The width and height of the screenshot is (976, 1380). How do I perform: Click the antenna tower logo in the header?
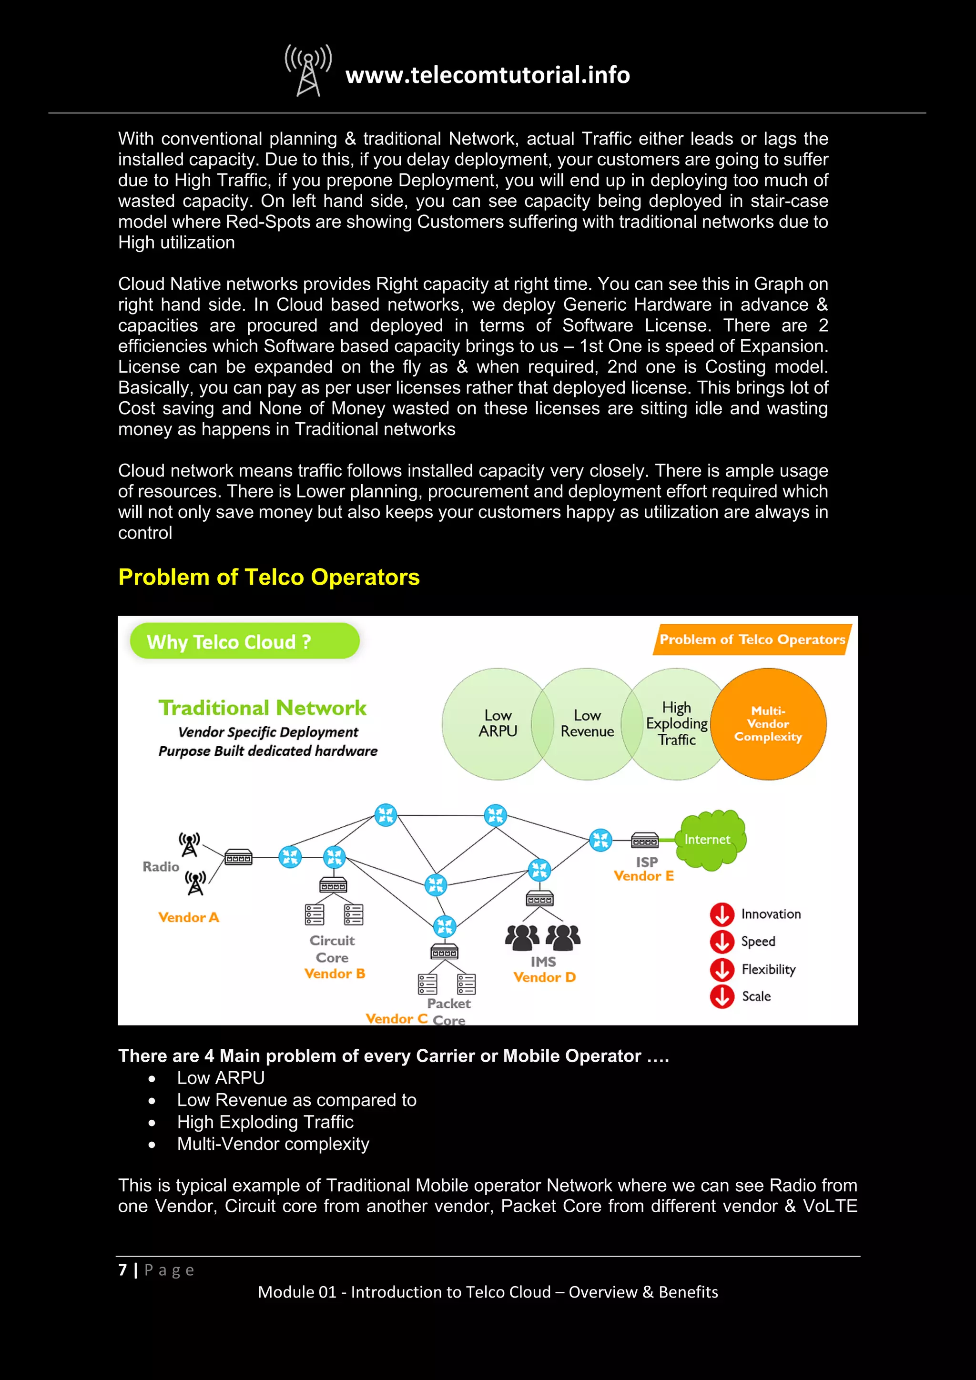pos(308,71)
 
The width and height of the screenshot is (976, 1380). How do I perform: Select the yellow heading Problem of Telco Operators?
pos(269,577)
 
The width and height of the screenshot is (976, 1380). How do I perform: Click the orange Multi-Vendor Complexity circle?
pos(768,724)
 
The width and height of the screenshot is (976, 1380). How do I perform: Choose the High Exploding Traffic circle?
pos(676,724)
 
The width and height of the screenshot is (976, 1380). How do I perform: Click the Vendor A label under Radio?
pos(189,917)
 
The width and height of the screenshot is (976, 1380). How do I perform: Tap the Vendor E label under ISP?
pos(644,876)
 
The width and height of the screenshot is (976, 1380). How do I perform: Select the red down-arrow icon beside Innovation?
pos(722,914)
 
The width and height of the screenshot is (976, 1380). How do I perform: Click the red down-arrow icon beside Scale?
pos(722,996)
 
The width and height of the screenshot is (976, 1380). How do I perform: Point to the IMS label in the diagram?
pos(543,962)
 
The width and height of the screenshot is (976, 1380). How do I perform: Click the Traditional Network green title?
pos(263,708)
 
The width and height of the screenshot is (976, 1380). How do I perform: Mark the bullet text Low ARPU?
pos(221,1078)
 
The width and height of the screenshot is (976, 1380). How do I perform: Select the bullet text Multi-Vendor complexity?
pos(273,1144)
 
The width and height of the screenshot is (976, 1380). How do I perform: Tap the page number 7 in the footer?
pos(122,1270)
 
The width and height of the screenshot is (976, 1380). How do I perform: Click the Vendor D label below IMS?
pos(545,977)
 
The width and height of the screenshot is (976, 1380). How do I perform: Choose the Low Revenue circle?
pos(587,724)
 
